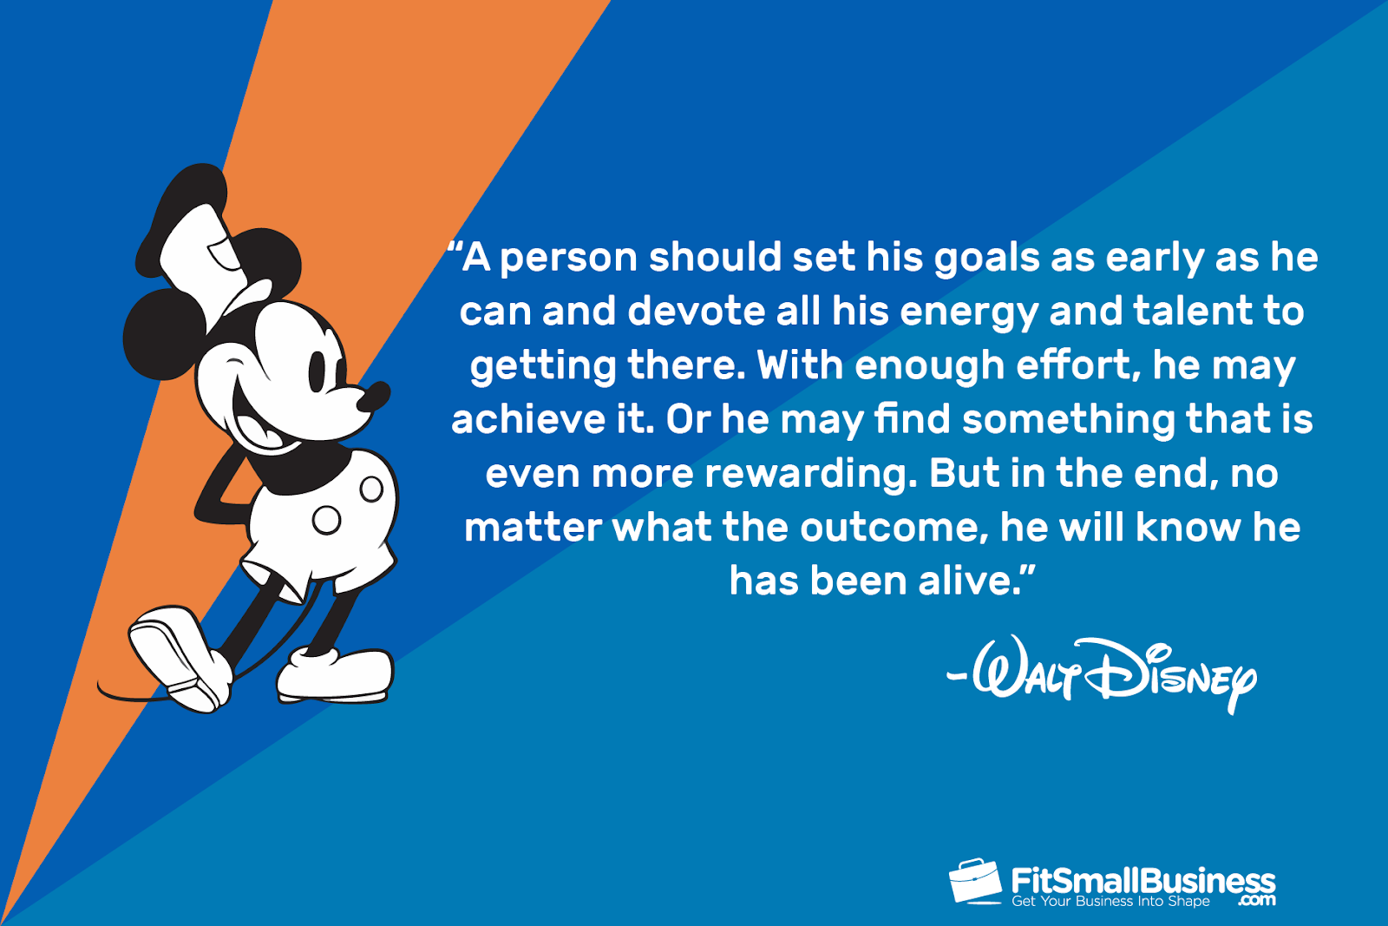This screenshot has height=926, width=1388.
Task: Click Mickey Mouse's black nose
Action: tap(374, 397)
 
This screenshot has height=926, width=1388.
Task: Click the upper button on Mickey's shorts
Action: tap(371, 489)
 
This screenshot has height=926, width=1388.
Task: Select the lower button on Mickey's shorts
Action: tap(326, 520)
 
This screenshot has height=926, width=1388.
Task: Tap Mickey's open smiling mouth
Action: tap(257, 422)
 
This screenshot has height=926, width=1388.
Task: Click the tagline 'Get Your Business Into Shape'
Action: tap(1110, 901)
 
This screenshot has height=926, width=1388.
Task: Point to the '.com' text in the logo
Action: tap(1257, 900)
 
